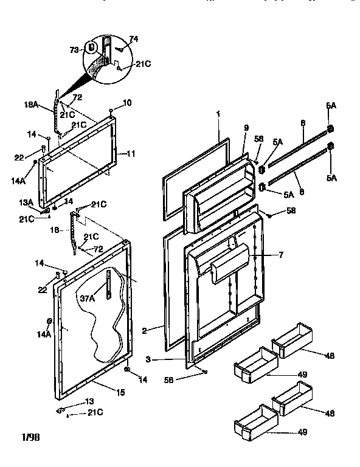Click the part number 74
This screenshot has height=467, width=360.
(x=134, y=39)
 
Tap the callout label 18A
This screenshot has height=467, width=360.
(x=31, y=105)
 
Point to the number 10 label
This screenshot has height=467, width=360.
(x=127, y=103)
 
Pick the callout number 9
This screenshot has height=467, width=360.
(x=246, y=128)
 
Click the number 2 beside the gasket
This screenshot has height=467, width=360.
(x=144, y=331)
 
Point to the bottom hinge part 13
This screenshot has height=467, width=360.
(x=61, y=411)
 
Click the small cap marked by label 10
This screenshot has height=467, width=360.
(x=112, y=111)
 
